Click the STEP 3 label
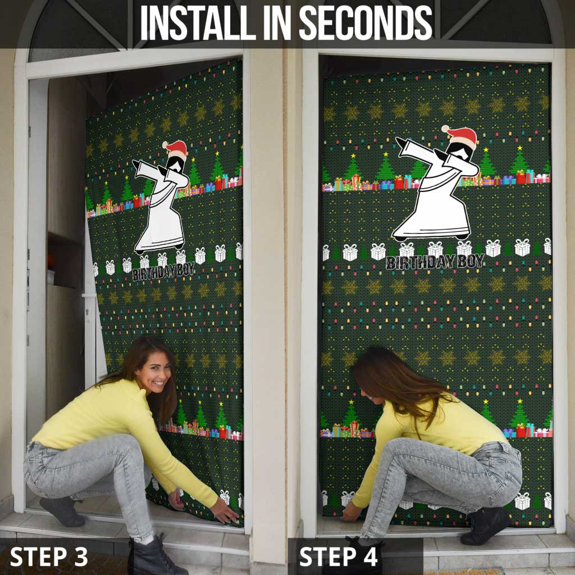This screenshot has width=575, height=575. [49, 556]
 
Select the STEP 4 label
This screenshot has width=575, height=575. [339, 556]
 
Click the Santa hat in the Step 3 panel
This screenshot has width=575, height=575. [176, 149]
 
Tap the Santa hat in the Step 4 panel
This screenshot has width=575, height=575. [461, 136]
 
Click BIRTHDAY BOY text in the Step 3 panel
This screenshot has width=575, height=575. [163, 271]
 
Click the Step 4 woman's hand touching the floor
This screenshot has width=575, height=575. [349, 512]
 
